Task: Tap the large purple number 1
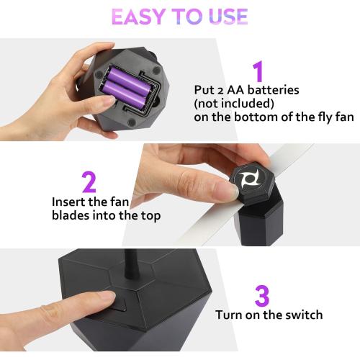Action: (258, 73)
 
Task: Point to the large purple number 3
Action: (263, 297)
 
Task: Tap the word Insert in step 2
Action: (69, 202)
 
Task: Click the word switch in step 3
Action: (303, 315)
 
